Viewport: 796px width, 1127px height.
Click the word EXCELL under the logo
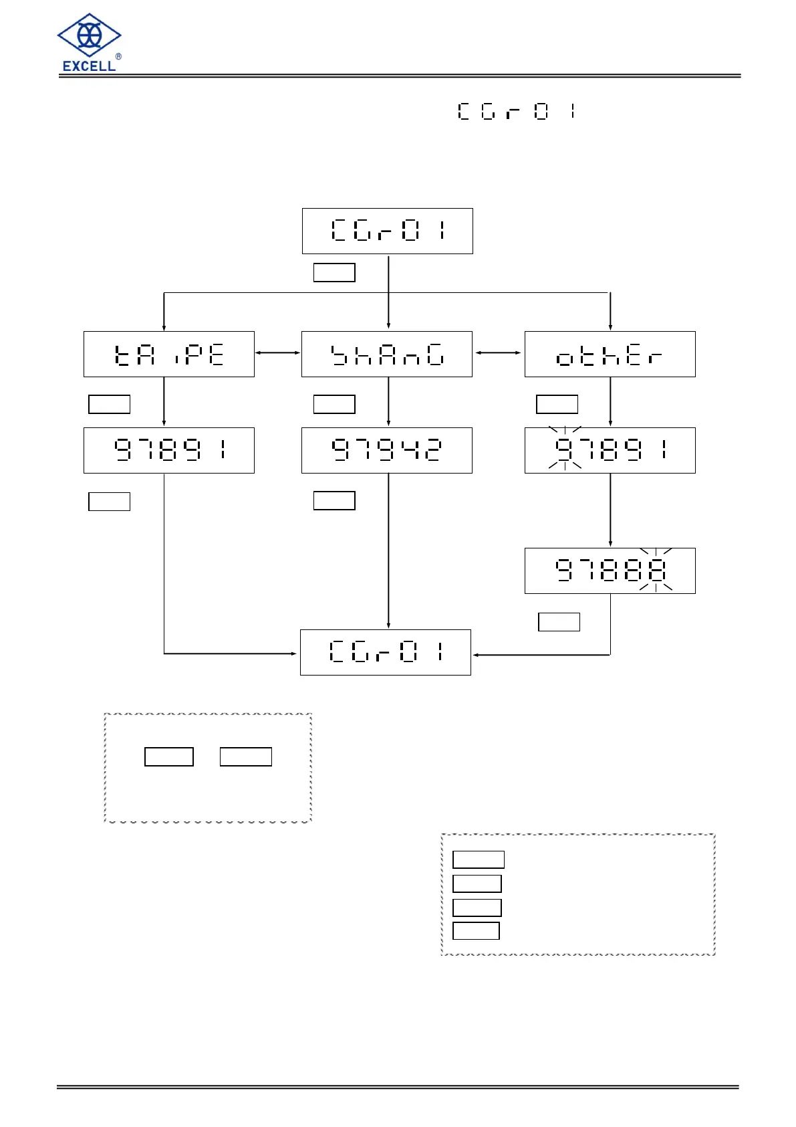(x=89, y=66)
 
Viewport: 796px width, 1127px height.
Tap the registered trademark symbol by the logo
(x=119, y=57)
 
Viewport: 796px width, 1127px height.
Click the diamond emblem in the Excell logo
(x=89, y=35)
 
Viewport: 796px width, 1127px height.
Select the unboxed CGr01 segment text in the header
(x=516, y=111)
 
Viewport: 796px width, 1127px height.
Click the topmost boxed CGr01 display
(x=387, y=231)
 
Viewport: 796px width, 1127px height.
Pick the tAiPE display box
(x=168, y=354)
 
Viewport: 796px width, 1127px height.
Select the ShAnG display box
(x=386, y=354)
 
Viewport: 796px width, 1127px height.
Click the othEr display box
(x=610, y=354)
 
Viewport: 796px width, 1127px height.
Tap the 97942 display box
(x=386, y=450)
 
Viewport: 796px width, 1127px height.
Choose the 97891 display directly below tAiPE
(x=168, y=450)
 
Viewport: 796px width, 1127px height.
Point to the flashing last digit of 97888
(x=656, y=571)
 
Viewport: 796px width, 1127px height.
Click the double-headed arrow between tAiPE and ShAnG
(x=278, y=353)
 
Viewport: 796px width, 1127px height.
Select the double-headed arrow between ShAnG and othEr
(x=498, y=352)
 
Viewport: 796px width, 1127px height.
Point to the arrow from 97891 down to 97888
(x=610, y=510)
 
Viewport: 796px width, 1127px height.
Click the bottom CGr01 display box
(x=385, y=652)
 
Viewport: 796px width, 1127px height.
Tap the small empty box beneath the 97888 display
(x=559, y=622)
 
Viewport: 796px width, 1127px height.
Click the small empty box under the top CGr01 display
(x=334, y=272)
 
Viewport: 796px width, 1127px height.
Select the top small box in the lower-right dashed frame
(x=478, y=859)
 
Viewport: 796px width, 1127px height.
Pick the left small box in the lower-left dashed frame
(x=169, y=756)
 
